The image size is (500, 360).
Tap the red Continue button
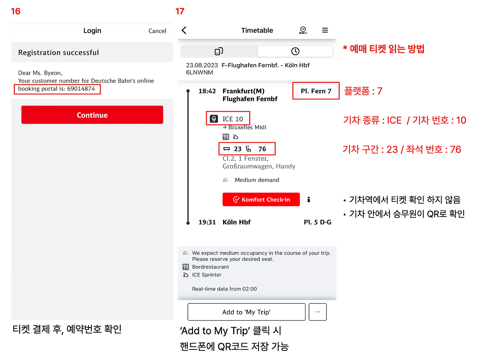click(x=92, y=115)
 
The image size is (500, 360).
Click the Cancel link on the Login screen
click(x=157, y=31)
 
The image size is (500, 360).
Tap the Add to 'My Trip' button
click(x=246, y=312)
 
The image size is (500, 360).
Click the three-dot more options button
click(x=318, y=312)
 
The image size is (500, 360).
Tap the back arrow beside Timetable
click(x=184, y=30)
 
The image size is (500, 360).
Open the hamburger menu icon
click(x=325, y=30)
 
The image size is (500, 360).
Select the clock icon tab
click(x=295, y=51)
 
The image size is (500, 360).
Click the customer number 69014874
click(x=81, y=89)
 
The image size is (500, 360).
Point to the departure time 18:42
click(x=207, y=91)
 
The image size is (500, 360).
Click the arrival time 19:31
click(x=207, y=222)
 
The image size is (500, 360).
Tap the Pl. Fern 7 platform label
click(x=316, y=91)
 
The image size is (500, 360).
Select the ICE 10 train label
click(x=232, y=119)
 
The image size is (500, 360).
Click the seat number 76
click(x=262, y=149)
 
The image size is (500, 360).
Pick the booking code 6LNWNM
click(x=199, y=72)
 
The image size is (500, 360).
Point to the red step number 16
click(x=16, y=11)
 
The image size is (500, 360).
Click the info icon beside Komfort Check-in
click(x=309, y=199)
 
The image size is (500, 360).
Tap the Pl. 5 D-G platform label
click(x=318, y=222)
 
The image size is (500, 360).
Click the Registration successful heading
click(x=59, y=52)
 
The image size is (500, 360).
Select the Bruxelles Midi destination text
click(x=247, y=127)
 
